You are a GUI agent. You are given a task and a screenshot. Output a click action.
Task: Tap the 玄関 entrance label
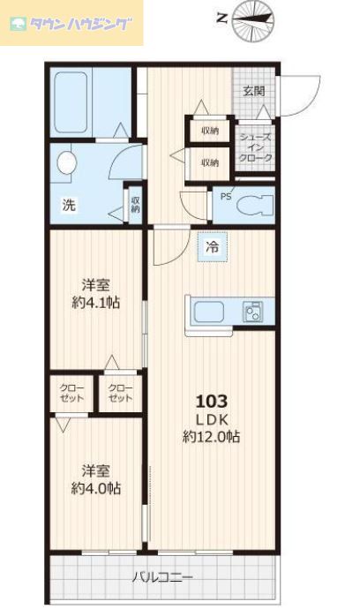[x=254, y=90]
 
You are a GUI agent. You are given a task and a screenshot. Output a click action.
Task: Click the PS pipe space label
[x=226, y=197]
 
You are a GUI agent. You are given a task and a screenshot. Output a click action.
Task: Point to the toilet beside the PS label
[x=258, y=202]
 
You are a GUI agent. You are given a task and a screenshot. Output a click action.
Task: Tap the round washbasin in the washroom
[x=66, y=163]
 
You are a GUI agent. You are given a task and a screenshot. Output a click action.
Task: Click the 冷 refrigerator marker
[x=213, y=248]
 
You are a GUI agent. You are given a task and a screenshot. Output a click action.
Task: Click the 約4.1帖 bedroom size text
[x=96, y=303]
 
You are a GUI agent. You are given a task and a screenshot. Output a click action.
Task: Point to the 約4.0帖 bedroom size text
[x=96, y=488]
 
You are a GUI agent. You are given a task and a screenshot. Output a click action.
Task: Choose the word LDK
[x=206, y=417]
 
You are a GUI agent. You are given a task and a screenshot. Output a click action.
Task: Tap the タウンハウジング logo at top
[x=74, y=24]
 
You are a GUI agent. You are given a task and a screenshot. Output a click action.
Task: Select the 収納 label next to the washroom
[x=135, y=206]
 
